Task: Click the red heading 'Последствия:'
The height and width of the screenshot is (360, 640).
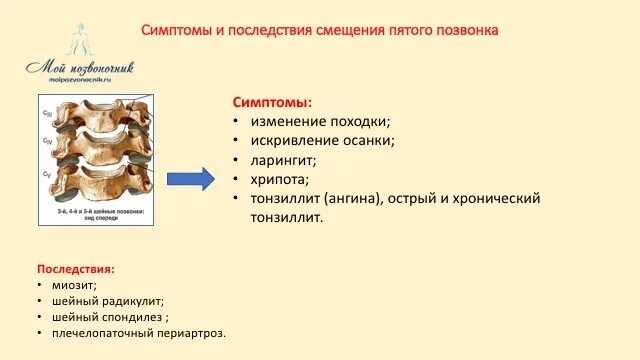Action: pyautogui.click(x=75, y=269)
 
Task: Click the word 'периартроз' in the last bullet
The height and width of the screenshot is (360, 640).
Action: pyautogui.click(x=190, y=332)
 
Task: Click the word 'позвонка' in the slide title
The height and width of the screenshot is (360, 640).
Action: pyautogui.click(x=470, y=30)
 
